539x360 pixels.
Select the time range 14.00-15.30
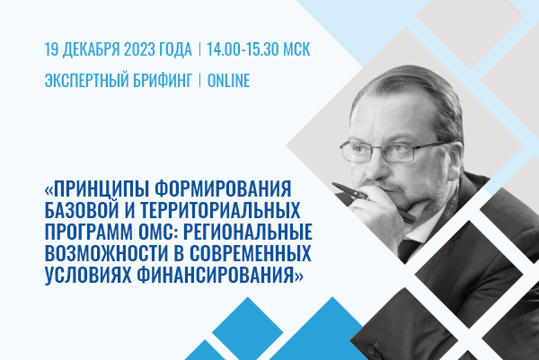point(243,49)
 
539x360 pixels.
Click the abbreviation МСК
point(296,49)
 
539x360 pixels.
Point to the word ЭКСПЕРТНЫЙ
point(86,81)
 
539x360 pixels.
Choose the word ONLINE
point(228,81)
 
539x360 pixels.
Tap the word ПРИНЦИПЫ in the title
point(100,189)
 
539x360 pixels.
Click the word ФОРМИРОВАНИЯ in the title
point(223,189)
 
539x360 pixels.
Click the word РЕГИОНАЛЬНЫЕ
point(248,232)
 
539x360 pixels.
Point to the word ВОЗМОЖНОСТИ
point(106,253)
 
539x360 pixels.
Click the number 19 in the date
point(51,49)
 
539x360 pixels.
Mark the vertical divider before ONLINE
point(199,81)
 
